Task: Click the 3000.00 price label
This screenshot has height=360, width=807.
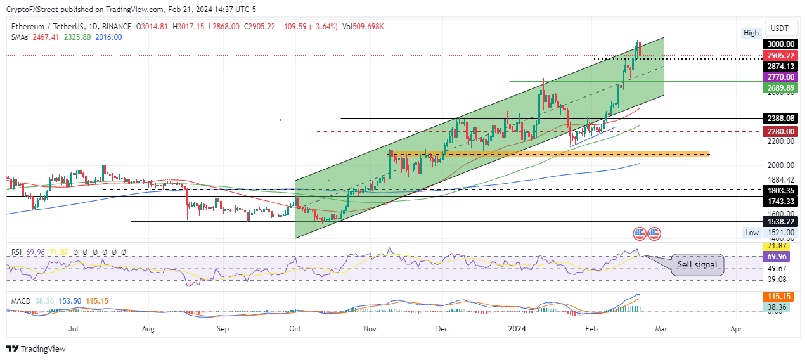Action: (x=780, y=44)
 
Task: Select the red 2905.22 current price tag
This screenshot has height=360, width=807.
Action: (x=780, y=56)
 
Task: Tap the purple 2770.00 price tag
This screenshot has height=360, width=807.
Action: (x=780, y=77)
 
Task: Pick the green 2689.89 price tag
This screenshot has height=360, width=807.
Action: (x=780, y=87)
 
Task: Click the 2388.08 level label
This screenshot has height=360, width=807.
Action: (x=780, y=118)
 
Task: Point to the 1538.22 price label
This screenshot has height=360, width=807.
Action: (x=780, y=222)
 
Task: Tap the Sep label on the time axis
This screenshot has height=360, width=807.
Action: (x=223, y=329)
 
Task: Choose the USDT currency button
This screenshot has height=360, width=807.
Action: (x=779, y=28)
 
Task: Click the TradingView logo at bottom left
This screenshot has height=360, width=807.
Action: (x=36, y=349)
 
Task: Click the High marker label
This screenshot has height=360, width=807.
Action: (x=751, y=33)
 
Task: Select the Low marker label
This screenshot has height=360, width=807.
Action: (x=751, y=233)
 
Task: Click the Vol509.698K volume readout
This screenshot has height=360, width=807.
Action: (x=363, y=27)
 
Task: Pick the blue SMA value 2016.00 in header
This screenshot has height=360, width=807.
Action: (x=108, y=37)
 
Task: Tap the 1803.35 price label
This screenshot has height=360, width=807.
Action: (x=780, y=190)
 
